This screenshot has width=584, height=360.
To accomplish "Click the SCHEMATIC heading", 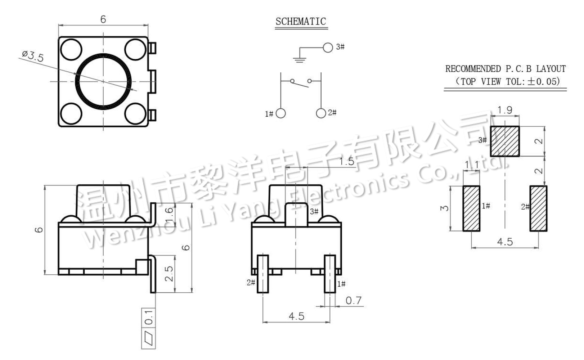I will tap(301, 22).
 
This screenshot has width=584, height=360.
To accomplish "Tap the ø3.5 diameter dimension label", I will tap(33, 56).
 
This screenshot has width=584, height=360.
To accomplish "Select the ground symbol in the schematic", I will tap(300, 59).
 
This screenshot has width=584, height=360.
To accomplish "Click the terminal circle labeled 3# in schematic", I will tap(328, 47).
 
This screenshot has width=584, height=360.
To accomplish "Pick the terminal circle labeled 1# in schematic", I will tap(280, 113).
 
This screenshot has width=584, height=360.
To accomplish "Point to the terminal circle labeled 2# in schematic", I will tap(321, 113).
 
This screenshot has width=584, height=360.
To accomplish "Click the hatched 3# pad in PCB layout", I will tap(505, 141).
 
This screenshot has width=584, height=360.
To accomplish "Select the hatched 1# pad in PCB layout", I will tap(471, 208).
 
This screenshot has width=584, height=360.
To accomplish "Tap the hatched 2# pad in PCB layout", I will tap(538, 208).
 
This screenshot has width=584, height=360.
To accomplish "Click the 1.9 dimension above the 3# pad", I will tap(505, 110).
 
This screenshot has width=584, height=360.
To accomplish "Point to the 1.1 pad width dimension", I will tap(472, 165).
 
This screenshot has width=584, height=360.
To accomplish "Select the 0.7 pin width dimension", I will tap(354, 300).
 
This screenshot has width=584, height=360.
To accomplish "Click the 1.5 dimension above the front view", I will tap(347, 161).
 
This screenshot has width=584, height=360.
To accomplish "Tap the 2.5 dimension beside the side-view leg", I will tap(169, 274).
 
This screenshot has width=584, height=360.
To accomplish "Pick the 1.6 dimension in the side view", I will tap(169, 215).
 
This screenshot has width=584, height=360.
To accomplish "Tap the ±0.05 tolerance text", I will tap(544, 81).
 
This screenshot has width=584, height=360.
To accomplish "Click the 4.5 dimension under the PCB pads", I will tap(505, 242).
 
